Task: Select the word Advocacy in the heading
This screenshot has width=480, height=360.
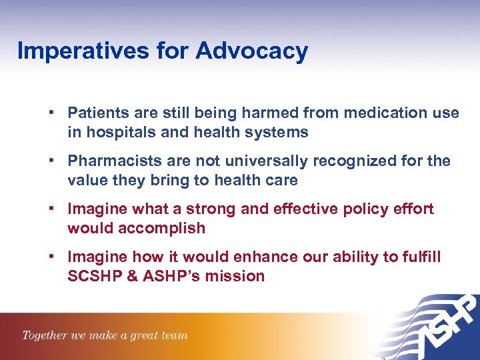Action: (x=251, y=51)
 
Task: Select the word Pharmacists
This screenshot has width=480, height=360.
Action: (x=110, y=161)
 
